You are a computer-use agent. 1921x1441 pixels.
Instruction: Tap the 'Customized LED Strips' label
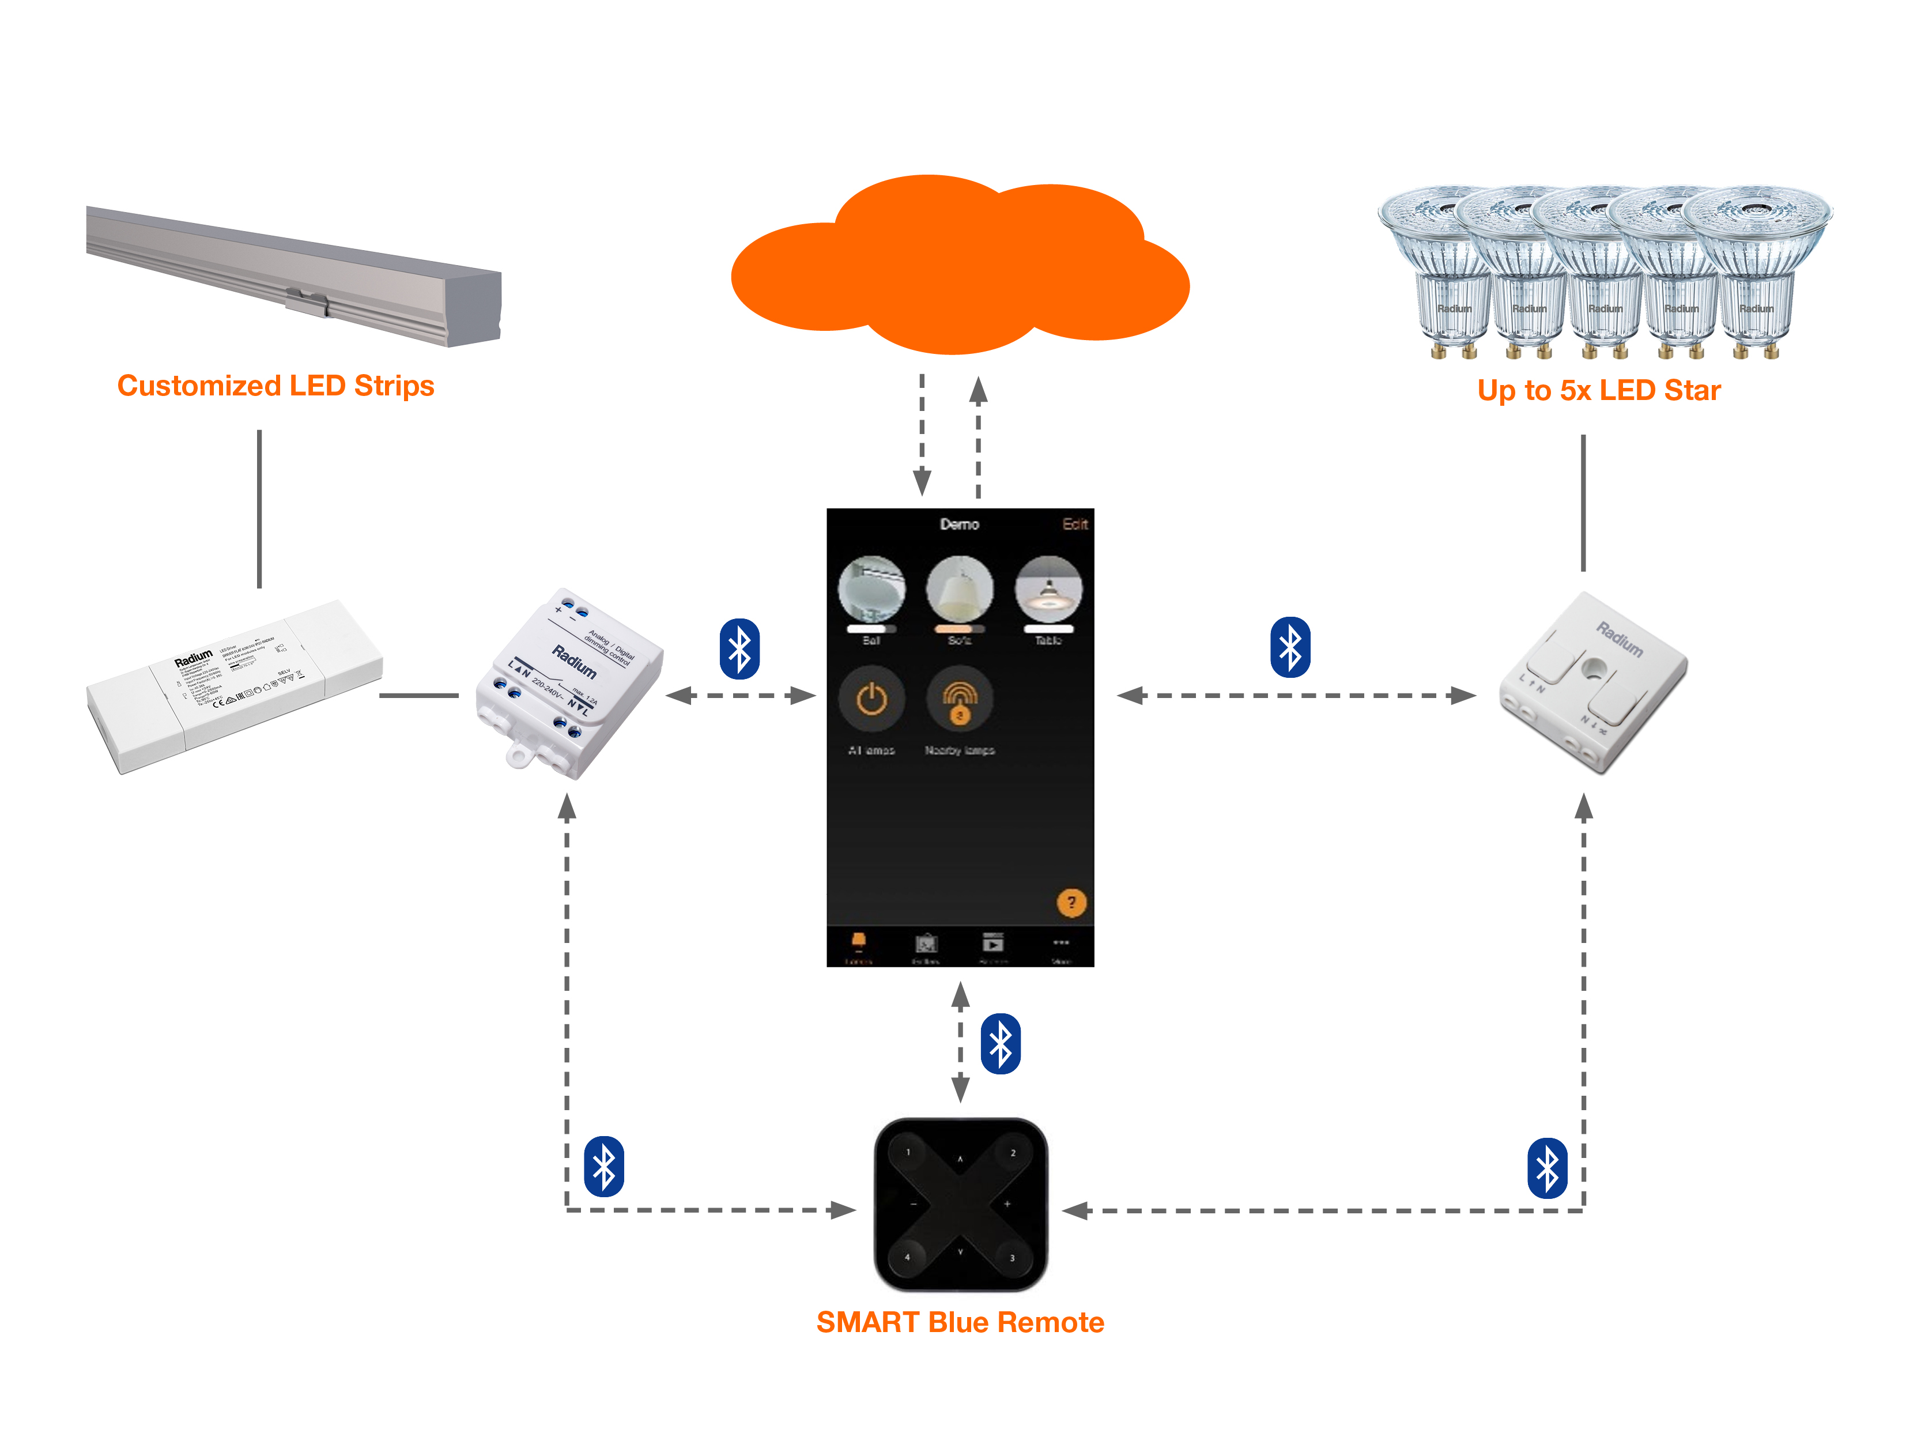pyautogui.click(x=275, y=386)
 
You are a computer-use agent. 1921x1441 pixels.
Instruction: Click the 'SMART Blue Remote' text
pyautogui.click(x=960, y=1322)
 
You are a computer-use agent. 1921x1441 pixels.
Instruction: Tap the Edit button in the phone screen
pyautogui.click(x=1074, y=524)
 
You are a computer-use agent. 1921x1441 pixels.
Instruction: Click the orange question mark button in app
pyautogui.click(x=1071, y=903)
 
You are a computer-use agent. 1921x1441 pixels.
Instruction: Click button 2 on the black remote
pyautogui.click(x=1013, y=1153)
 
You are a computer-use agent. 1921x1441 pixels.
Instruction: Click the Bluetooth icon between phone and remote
pyautogui.click(x=1001, y=1043)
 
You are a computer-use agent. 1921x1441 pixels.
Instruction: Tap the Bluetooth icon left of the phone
pyautogui.click(x=739, y=649)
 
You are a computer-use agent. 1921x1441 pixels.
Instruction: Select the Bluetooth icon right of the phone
pyautogui.click(x=1290, y=647)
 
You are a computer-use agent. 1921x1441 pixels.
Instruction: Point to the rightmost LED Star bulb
pyautogui.click(x=1758, y=269)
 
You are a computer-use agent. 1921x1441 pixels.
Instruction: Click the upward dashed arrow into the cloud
pyautogui.click(x=978, y=434)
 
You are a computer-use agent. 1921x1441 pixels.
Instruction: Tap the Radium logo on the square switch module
pyautogui.click(x=1619, y=639)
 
